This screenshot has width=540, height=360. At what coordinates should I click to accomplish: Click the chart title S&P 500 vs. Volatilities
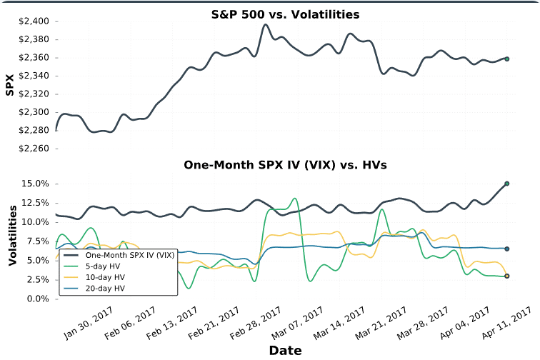click(285, 14)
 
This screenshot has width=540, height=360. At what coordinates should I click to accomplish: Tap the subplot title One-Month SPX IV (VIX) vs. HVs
click(285, 165)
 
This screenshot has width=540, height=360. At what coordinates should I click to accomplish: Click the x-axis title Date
click(285, 351)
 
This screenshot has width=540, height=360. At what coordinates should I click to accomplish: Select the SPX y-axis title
click(10, 85)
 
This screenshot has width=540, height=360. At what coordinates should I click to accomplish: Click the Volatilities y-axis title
click(12, 235)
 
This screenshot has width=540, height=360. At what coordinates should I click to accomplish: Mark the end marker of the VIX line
click(506, 184)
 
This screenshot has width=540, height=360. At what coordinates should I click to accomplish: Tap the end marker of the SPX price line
click(506, 59)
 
